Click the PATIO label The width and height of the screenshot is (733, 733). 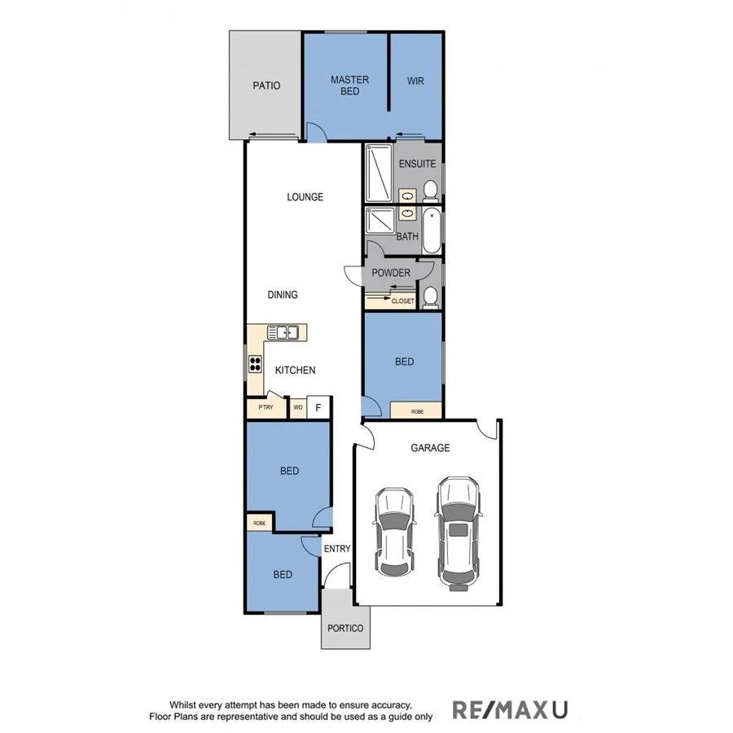[x=266, y=86]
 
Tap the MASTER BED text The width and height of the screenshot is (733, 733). [x=349, y=86]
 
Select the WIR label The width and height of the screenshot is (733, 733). [x=415, y=81]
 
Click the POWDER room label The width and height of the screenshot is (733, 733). [x=391, y=273]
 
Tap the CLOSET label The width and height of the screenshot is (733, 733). [x=402, y=301]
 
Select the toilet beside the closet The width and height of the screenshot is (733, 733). [x=431, y=296]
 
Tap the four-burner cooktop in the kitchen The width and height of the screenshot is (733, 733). [x=255, y=365]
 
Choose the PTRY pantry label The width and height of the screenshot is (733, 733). [x=265, y=407]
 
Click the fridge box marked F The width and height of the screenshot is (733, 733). [x=318, y=407]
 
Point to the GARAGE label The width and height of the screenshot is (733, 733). [x=430, y=448]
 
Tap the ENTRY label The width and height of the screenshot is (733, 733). [x=336, y=549]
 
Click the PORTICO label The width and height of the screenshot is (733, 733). [x=345, y=629]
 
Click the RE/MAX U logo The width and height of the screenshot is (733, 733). [x=510, y=710]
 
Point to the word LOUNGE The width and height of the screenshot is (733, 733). [x=305, y=197]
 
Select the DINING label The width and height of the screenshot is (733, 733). [x=283, y=295]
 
